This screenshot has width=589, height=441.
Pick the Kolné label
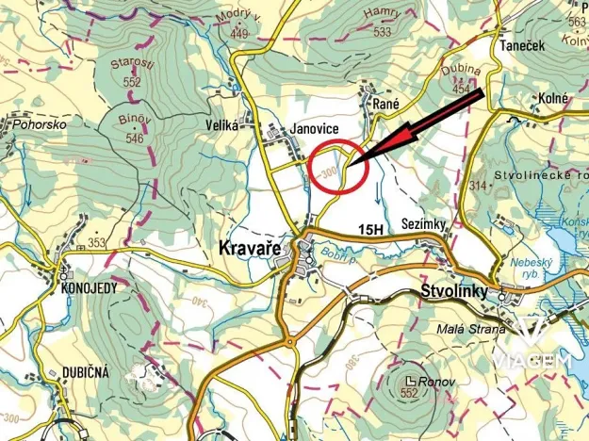pos(554,98)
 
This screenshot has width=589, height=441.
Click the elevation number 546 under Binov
pos(135,139)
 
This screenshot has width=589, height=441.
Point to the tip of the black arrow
pos(347,167)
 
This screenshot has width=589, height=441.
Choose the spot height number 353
pos(97,243)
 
